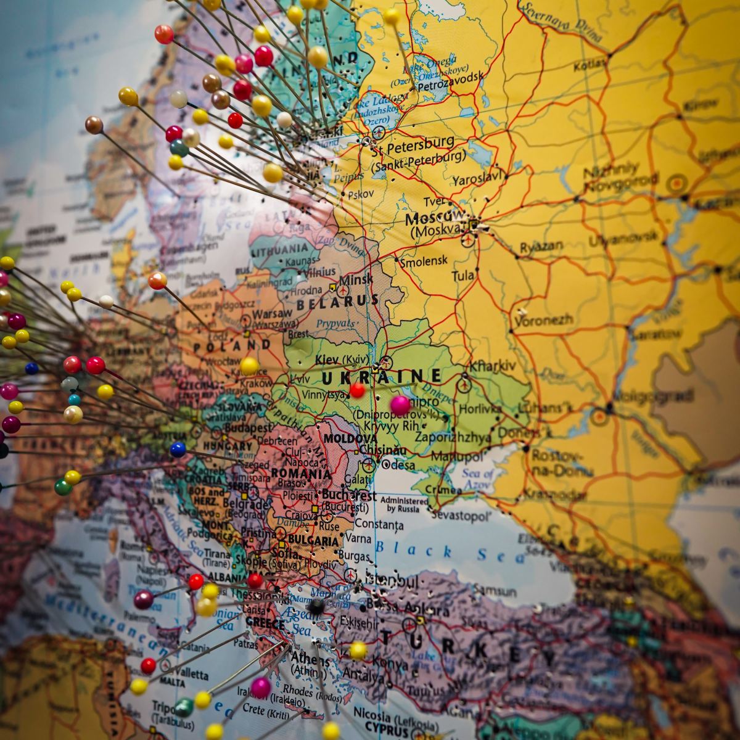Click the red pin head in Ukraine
coord(357,390)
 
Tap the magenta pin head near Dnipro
coord(400,405)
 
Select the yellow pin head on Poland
coord(249,366)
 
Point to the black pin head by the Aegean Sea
coord(316,606)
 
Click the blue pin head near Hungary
coord(178,449)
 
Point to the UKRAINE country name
coord(381,376)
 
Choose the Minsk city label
coord(356,279)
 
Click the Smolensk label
coord(424,261)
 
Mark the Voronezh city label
coord(543,320)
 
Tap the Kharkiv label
coord(492,366)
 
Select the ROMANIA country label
coord(301,474)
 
